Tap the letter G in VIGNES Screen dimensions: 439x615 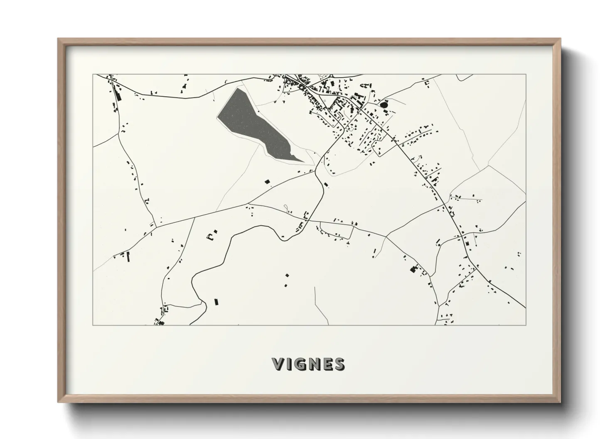click(x=299, y=364)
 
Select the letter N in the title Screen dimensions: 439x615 click(x=312, y=364)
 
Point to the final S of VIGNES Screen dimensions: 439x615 click(x=339, y=364)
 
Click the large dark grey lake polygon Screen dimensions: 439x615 click(x=249, y=120)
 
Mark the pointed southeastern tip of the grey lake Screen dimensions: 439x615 click(x=303, y=162)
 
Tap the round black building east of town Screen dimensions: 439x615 click(x=384, y=105)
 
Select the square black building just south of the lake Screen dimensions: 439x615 click(x=267, y=181)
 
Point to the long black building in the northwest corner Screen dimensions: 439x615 click(x=116, y=95)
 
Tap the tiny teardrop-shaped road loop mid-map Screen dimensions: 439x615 click(x=285, y=207)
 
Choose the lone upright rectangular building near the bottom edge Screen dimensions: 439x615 click(x=216, y=302)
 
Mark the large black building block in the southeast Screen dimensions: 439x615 click(x=413, y=269)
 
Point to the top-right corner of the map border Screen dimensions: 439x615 click(x=526, y=75)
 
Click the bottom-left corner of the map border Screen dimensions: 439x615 click(x=93, y=325)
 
